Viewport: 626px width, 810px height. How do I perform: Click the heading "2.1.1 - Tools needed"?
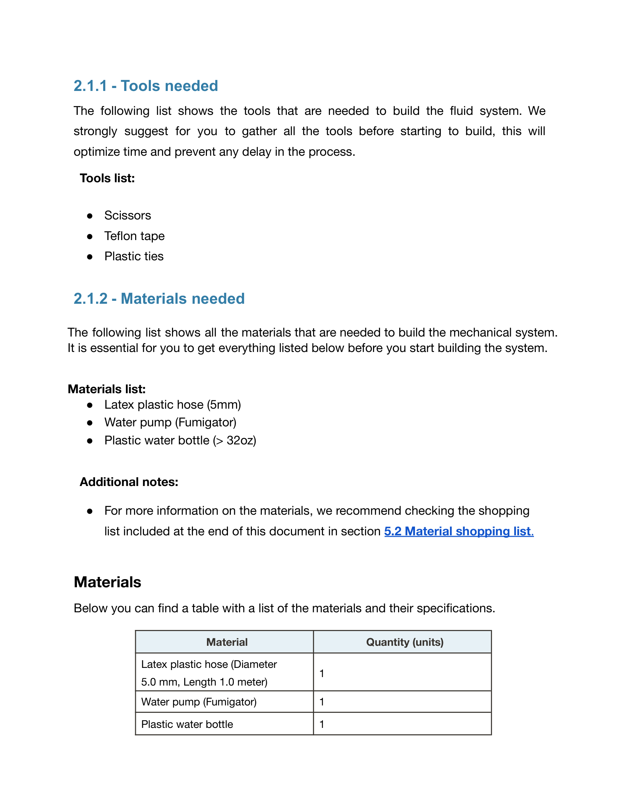click(x=146, y=86)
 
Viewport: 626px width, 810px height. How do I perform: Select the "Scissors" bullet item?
click(x=127, y=215)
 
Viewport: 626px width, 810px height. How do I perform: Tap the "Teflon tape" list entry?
click(x=134, y=236)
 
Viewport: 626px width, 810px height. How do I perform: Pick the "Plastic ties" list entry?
click(x=134, y=256)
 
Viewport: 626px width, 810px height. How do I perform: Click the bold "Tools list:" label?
click(x=107, y=179)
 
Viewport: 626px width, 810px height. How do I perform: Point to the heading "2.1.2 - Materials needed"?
click(x=159, y=299)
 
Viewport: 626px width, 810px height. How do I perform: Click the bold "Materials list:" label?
click(x=107, y=389)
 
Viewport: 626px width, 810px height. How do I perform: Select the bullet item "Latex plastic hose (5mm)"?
click(x=172, y=405)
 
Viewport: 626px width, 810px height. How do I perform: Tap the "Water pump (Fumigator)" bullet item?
click(x=170, y=422)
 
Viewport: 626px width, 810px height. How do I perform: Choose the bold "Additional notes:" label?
click(x=129, y=482)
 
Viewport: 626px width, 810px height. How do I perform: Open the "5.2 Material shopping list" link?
click(x=458, y=531)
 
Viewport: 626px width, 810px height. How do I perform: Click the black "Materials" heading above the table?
click(x=108, y=582)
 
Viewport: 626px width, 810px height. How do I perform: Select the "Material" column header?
click(x=227, y=642)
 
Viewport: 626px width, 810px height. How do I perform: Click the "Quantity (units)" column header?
click(x=405, y=642)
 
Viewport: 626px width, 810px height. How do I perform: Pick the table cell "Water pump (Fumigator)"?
click(x=199, y=702)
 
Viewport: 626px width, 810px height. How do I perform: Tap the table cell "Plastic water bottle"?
click(x=187, y=724)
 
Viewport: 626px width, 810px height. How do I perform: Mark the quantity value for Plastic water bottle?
click(x=322, y=724)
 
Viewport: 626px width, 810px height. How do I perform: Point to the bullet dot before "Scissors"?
click(x=90, y=216)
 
